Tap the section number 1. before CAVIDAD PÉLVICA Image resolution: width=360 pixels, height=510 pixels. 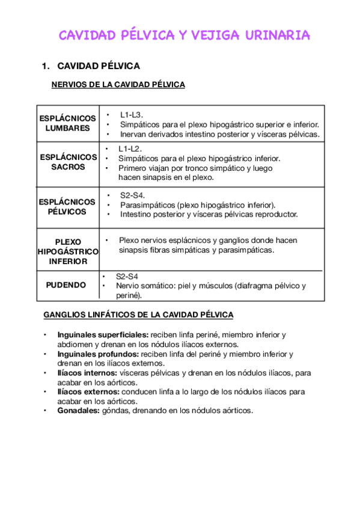(45, 66)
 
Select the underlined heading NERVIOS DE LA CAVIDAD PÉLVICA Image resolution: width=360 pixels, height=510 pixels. (118, 85)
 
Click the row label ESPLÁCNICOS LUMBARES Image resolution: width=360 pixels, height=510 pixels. (67, 123)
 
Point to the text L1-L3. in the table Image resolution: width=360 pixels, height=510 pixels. (132, 114)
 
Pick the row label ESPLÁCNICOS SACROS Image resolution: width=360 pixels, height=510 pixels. (68, 162)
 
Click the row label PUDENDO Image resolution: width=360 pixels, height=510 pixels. (66, 284)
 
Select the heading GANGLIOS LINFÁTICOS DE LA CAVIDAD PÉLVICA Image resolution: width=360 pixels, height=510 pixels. (139, 315)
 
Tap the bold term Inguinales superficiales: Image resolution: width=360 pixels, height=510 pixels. (103, 334)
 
